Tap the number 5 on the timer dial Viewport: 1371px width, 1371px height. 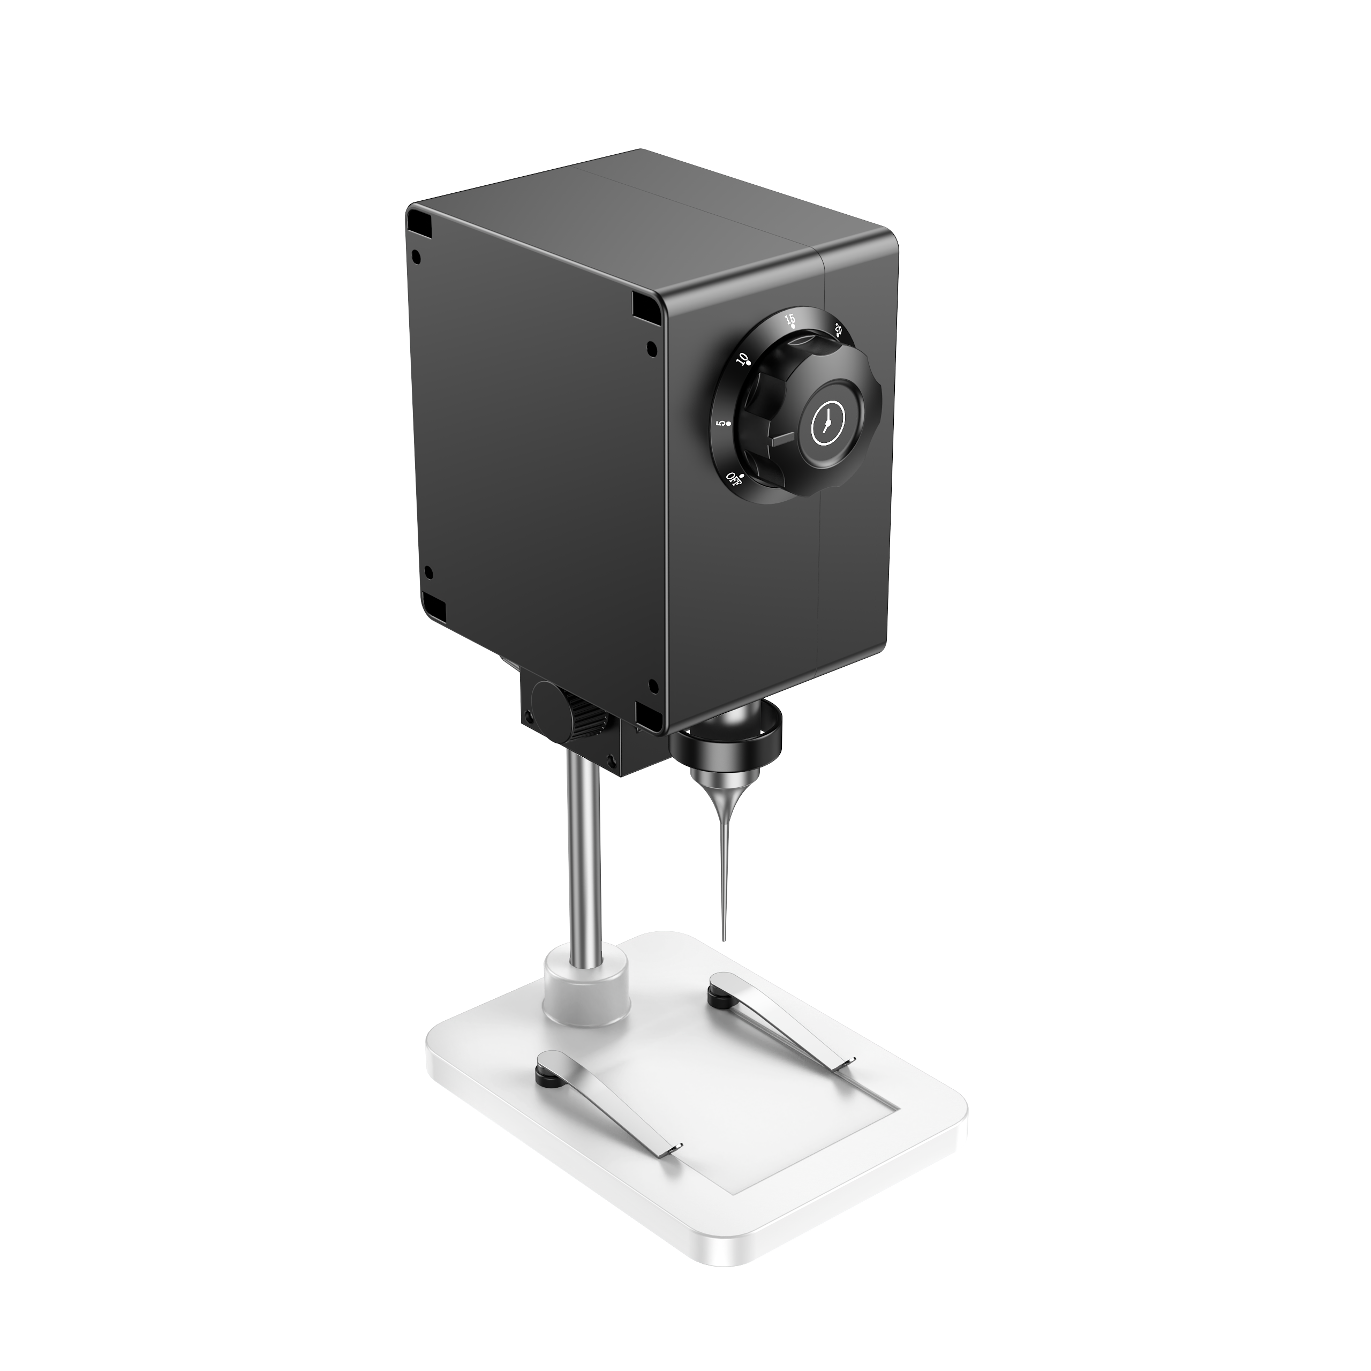[x=721, y=424]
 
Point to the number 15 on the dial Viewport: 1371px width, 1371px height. [x=790, y=319]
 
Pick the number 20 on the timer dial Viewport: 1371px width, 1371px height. [x=839, y=330]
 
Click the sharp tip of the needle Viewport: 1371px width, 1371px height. [x=723, y=940]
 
